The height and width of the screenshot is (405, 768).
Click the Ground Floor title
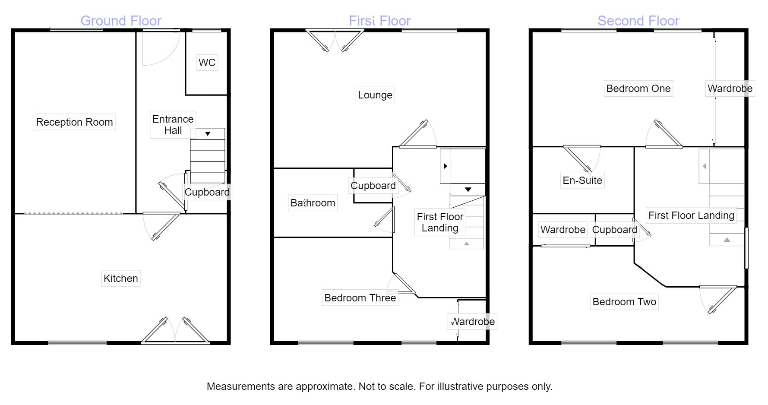click(x=121, y=21)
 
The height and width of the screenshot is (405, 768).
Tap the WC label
click(x=207, y=63)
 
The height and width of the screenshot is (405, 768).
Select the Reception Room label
click(x=74, y=122)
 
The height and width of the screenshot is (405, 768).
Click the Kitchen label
click(x=121, y=278)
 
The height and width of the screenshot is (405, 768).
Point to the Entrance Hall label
click(x=173, y=125)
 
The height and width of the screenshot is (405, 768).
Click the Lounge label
click(x=375, y=95)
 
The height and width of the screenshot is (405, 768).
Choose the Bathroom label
click(x=313, y=203)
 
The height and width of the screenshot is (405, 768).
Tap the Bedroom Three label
click(x=360, y=298)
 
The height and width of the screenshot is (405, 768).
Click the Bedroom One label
click(x=638, y=89)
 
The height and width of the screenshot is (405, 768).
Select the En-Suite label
click(x=582, y=180)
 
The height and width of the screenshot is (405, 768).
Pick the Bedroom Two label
click(x=624, y=302)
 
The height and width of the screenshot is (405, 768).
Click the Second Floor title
click(x=638, y=21)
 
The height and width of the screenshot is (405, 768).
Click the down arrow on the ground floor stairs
click(x=208, y=134)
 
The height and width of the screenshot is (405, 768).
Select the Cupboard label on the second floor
click(x=614, y=230)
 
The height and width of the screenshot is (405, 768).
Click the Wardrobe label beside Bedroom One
click(x=730, y=89)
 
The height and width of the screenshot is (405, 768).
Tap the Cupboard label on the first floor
click(x=373, y=186)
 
